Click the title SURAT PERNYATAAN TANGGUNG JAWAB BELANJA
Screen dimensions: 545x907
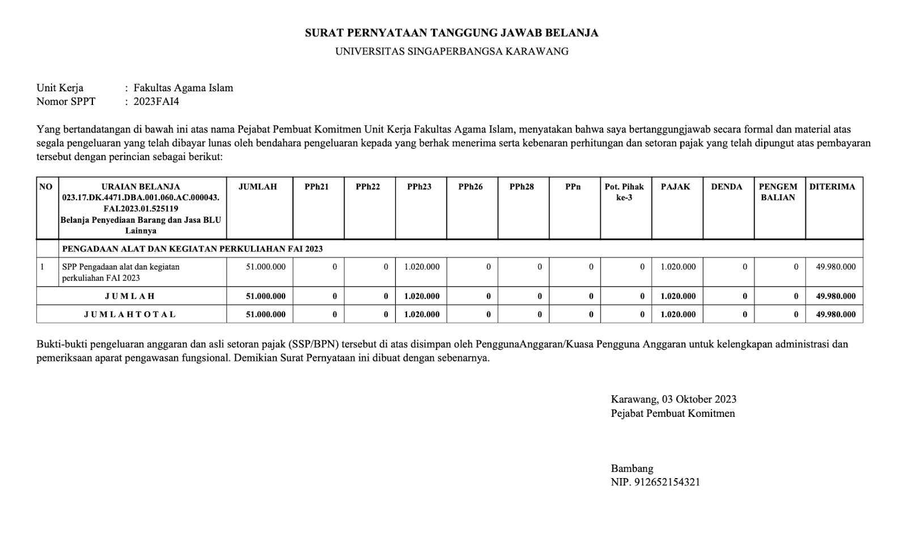coord(451,33)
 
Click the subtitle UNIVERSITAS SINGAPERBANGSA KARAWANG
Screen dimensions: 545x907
coord(451,52)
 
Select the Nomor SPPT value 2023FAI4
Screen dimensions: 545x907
coord(156,102)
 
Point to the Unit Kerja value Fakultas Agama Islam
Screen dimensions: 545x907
coord(183,88)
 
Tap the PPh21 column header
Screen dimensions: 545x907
coord(316,187)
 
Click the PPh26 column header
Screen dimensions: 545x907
coord(471,187)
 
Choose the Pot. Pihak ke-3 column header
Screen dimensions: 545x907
coord(624,192)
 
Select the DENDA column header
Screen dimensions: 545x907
coord(726,187)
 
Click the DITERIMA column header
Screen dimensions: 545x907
coord(832,187)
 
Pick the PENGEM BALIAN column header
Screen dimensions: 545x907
coord(778,192)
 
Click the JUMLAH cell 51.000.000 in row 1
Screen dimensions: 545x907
coord(266,267)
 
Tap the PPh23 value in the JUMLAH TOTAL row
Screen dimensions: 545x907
coord(421,314)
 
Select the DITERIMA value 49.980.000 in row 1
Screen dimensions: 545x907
coord(836,267)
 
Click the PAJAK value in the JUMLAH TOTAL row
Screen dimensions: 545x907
coord(678,314)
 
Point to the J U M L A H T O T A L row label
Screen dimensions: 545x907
coord(130,314)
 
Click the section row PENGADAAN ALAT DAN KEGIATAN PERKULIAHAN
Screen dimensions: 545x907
coord(192,249)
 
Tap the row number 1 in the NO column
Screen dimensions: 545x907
coord(43,267)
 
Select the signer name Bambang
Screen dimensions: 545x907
coord(631,468)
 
